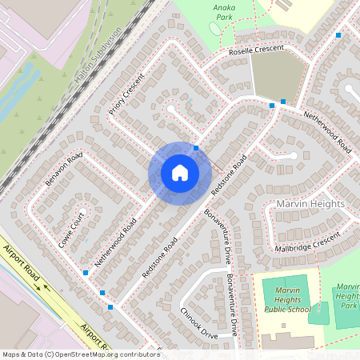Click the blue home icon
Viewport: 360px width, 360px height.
pos(180,172)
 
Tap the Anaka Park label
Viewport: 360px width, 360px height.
pos(224,10)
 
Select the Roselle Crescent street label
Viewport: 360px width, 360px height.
pos(256,50)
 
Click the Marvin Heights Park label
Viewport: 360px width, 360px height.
pos(347,295)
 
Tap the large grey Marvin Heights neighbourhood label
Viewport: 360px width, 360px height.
pos(310,204)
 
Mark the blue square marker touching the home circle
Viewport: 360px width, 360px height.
pos(196,148)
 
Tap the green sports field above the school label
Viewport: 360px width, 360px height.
pos(285,285)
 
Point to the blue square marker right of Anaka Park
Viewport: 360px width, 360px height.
pos(338,35)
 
